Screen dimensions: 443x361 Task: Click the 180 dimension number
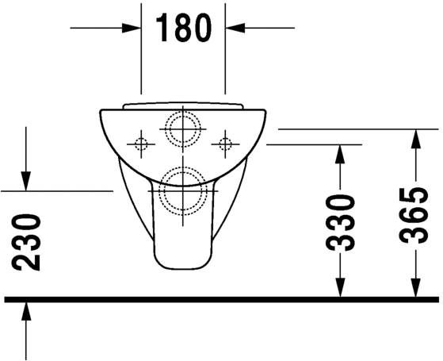[183, 28]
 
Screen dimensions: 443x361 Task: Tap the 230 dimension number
[26, 242]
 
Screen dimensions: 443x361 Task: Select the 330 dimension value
[340, 222]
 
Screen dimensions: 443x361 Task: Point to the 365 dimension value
[414, 215]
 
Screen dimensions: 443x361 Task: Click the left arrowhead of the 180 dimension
[132, 28]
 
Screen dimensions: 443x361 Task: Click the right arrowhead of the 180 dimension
[235, 28]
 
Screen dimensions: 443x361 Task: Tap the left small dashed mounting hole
[141, 144]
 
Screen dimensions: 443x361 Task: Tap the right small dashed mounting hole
[225, 144]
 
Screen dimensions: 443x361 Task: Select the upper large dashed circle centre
[183, 129]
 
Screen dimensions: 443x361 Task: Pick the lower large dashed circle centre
[183, 191]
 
